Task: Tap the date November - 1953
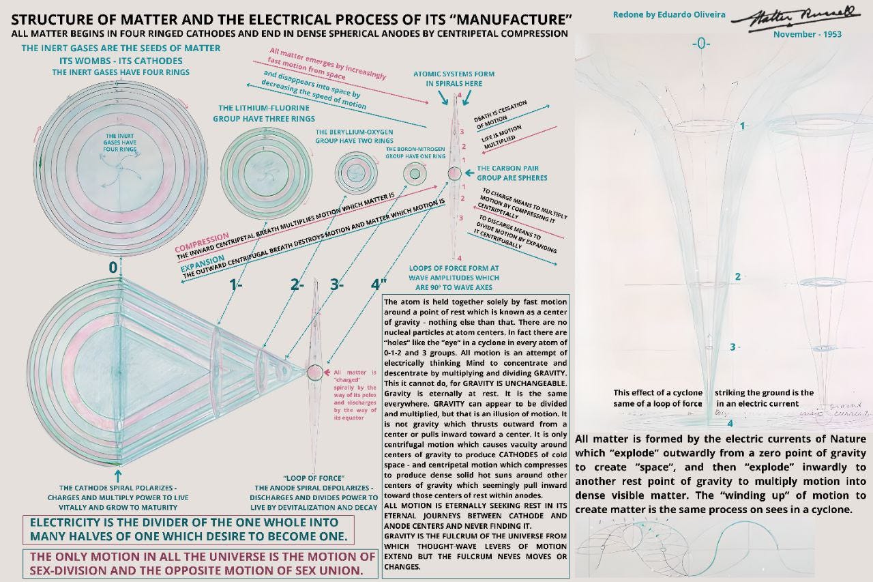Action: pos(807,34)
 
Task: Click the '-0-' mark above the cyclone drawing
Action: pos(701,44)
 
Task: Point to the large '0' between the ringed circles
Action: pos(113,267)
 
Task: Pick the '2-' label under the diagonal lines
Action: pos(297,285)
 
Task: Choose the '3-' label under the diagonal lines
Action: pos(336,285)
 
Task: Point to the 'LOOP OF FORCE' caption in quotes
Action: pos(313,478)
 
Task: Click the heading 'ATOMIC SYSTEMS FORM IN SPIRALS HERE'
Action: pos(454,78)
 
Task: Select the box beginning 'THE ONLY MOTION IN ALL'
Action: pos(199,564)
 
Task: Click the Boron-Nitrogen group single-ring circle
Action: pos(414,175)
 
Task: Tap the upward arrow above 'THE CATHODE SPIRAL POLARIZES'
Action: pos(117,475)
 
